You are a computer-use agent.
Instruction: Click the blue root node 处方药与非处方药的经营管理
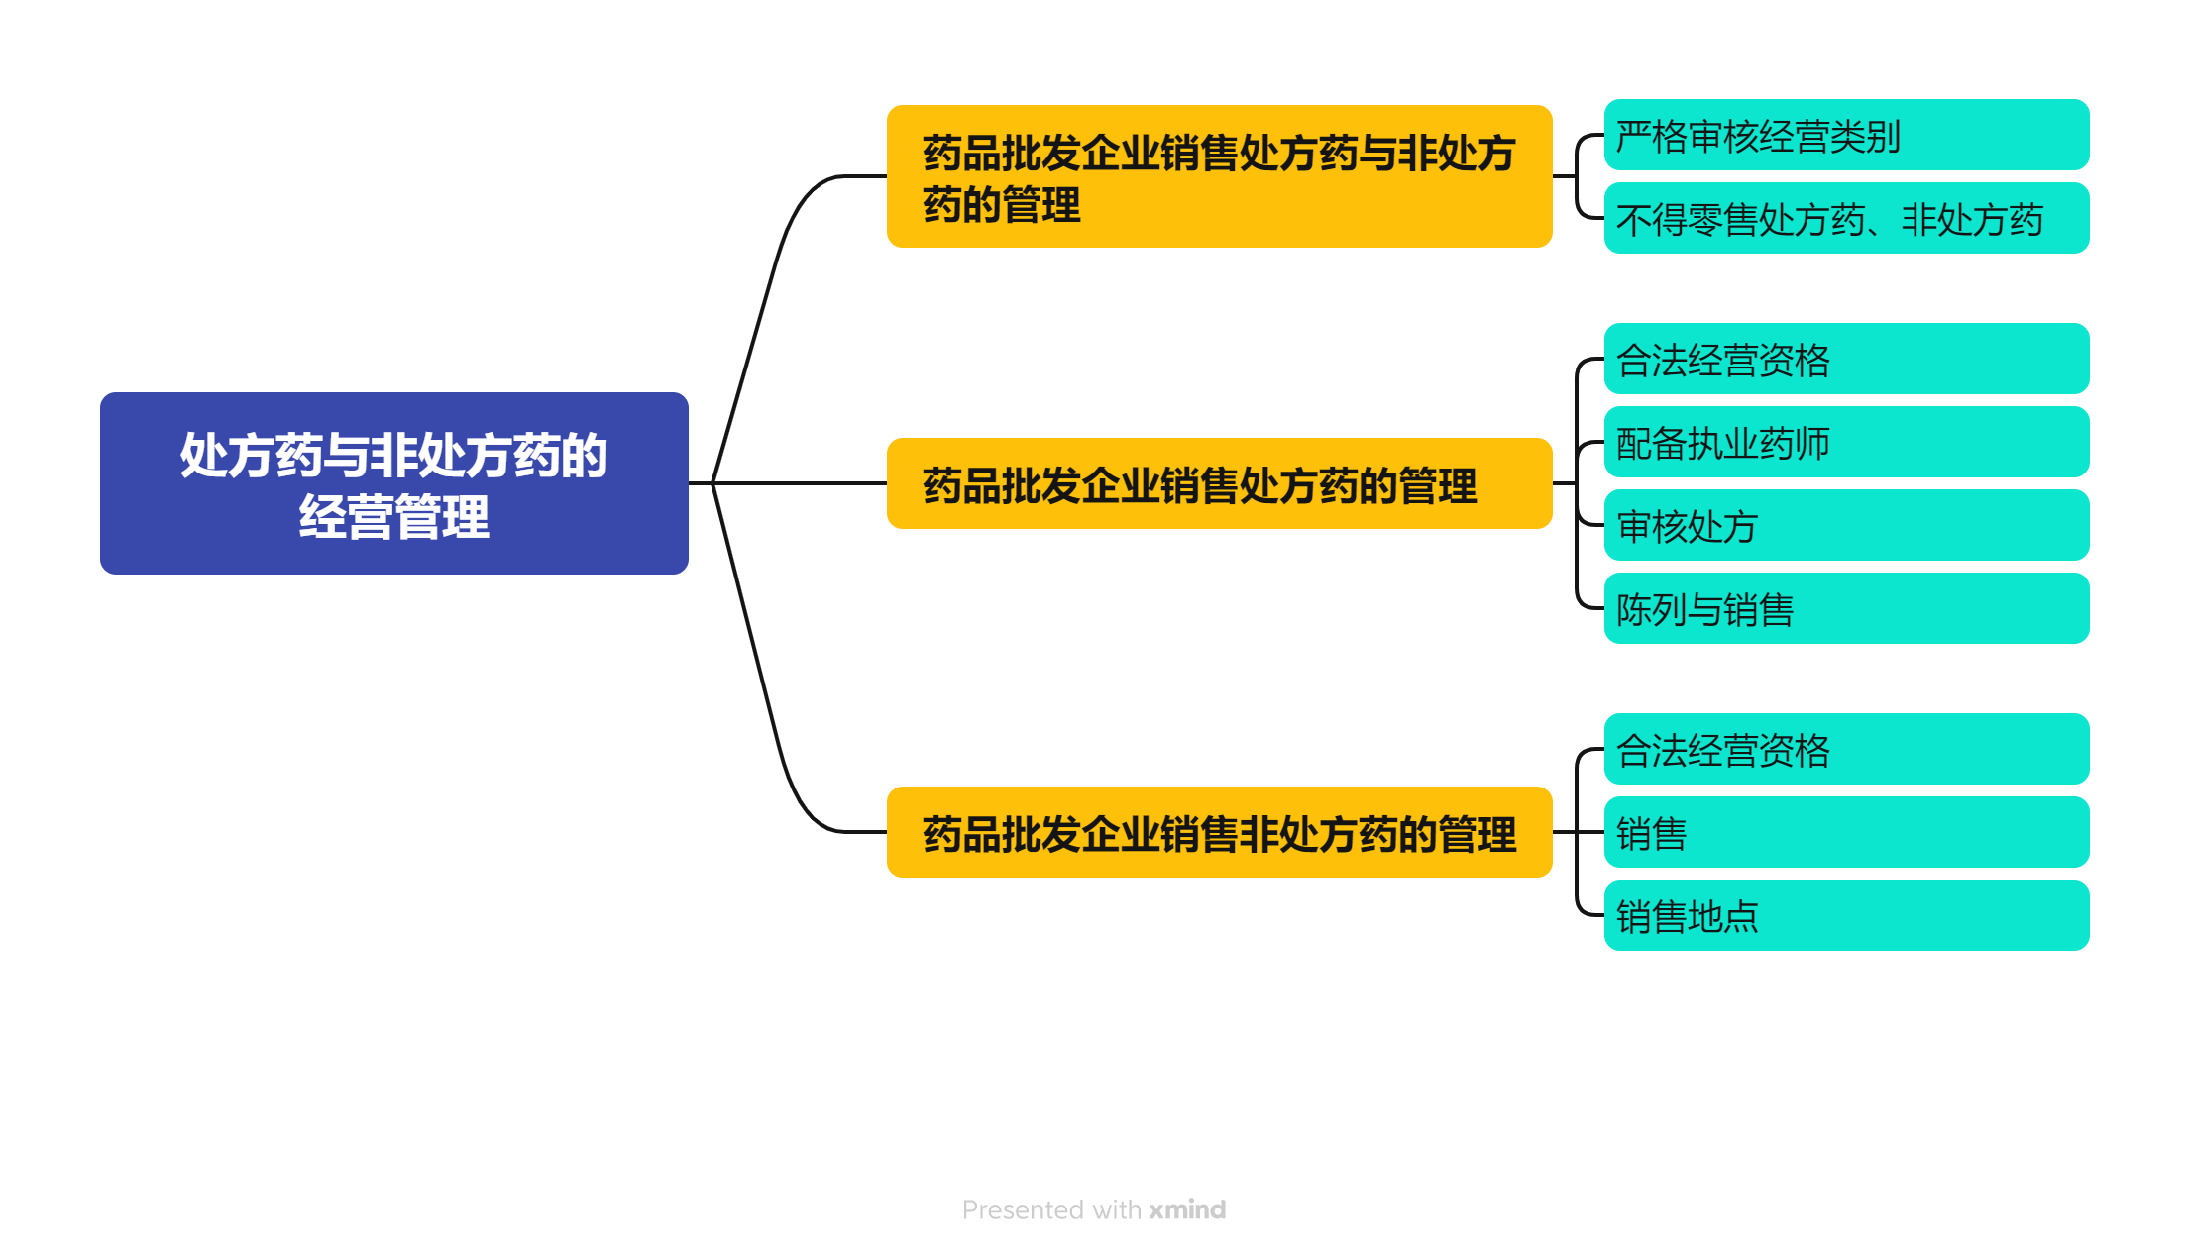393,482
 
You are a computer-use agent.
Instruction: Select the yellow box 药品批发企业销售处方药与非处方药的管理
1218,176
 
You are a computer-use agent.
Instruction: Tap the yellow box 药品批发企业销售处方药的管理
1218,483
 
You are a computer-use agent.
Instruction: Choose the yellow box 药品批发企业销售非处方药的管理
1218,832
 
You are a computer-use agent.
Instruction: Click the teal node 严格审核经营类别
1845,135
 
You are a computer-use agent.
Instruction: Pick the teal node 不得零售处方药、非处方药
1845,218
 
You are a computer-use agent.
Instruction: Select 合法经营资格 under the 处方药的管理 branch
1845,359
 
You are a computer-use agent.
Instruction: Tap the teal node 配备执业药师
1845,442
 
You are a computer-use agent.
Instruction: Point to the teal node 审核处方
1845,525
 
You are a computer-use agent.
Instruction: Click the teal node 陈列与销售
1845,608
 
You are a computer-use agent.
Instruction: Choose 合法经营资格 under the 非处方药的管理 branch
1845,749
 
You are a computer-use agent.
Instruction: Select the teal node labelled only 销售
1845,832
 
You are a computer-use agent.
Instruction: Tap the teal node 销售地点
1845,915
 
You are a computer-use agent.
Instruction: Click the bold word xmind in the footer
1187,1209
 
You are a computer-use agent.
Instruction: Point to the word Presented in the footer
1023,1209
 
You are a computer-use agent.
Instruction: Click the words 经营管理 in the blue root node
393,516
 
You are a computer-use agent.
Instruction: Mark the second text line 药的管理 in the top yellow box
1001,205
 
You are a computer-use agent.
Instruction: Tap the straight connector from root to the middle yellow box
803,483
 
